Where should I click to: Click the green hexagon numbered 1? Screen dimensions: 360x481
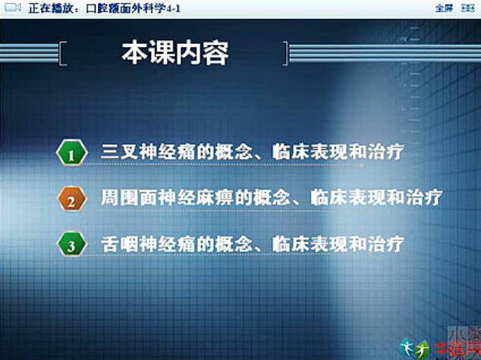click(x=71, y=155)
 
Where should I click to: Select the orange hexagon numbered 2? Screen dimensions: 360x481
click(x=71, y=201)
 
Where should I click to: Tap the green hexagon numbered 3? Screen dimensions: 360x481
click(x=71, y=246)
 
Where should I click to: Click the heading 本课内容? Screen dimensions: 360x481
click(x=175, y=54)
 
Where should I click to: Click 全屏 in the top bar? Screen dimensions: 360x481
click(x=444, y=8)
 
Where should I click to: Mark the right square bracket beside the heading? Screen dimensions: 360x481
click(x=285, y=53)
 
